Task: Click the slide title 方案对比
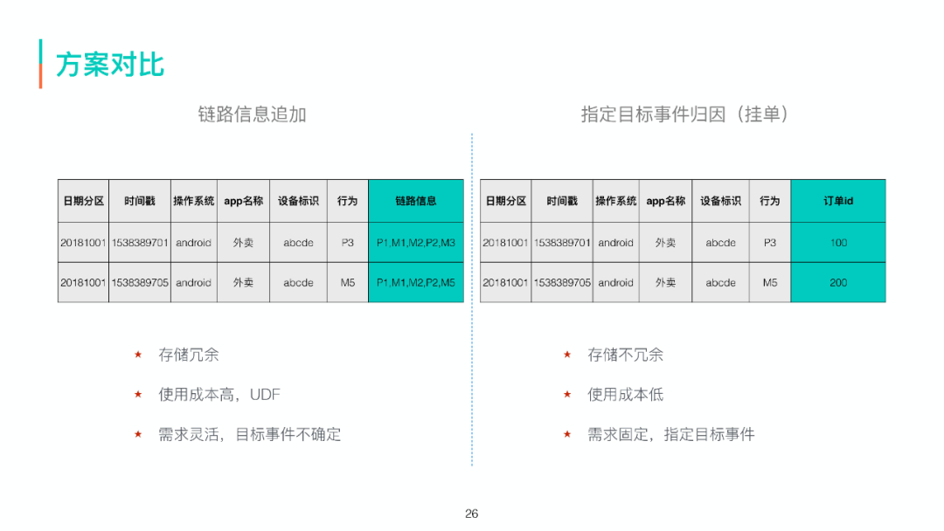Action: coord(110,65)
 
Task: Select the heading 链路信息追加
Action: coord(252,114)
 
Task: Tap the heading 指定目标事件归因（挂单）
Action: coord(685,114)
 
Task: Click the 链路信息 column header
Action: coord(416,201)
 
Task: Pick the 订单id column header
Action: coord(838,201)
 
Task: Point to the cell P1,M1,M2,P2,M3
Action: coord(416,243)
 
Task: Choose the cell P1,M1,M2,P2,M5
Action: coord(416,283)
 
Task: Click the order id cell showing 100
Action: coord(838,243)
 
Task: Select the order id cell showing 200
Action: coord(838,283)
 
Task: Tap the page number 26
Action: coord(472,514)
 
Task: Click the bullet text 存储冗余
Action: coord(189,355)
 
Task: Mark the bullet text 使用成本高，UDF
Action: coord(219,395)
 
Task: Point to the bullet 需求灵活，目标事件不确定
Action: coord(250,434)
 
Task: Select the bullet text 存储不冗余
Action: coord(626,355)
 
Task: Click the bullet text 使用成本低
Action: coord(626,395)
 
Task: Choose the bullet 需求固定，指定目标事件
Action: coord(671,434)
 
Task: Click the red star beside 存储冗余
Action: coord(138,355)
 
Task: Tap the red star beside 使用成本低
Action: coord(567,395)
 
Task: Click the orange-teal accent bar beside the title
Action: coord(40,63)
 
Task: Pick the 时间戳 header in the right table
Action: coord(562,201)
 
